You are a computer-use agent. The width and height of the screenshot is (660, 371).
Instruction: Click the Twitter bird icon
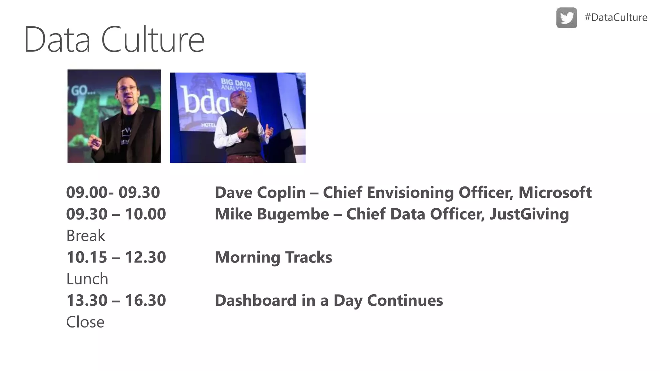pyautogui.click(x=567, y=18)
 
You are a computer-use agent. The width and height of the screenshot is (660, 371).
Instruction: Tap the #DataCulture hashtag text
pyautogui.click(x=616, y=17)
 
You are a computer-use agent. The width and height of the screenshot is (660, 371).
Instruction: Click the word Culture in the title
pyautogui.click(x=153, y=40)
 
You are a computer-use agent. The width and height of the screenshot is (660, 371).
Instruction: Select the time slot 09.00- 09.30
pyautogui.click(x=113, y=193)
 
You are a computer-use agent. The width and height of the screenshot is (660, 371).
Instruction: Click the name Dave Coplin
pyautogui.click(x=260, y=193)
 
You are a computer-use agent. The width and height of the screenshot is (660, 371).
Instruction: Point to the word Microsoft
pyautogui.click(x=555, y=193)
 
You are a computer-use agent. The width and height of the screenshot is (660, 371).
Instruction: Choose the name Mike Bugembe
pyautogui.click(x=272, y=214)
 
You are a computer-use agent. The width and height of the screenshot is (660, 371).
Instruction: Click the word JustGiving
pyautogui.click(x=529, y=214)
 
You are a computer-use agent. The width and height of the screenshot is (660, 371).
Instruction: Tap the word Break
pyautogui.click(x=85, y=236)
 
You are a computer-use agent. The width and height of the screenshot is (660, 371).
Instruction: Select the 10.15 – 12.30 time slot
pyautogui.click(x=116, y=257)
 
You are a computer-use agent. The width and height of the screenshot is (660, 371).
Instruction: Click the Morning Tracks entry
pyautogui.click(x=273, y=257)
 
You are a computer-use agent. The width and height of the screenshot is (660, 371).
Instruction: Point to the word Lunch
pyautogui.click(x=87, y=279)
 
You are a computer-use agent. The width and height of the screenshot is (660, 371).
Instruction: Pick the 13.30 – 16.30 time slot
pyautogui.click(x=116, y=300)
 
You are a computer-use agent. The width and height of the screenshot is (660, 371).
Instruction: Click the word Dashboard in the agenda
pyautogui.click(x=255, y=300)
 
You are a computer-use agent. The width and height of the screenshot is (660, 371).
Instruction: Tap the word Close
pyautogui.click(x=85, y=322)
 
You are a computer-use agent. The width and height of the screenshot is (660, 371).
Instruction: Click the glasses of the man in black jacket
pyautogui.click(x=128, y=88)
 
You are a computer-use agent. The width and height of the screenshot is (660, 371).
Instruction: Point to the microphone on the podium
pyautogui.click(x=288, y=120)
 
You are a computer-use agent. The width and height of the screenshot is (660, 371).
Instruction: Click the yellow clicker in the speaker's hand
pyautogui.click(x=245, y=129)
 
